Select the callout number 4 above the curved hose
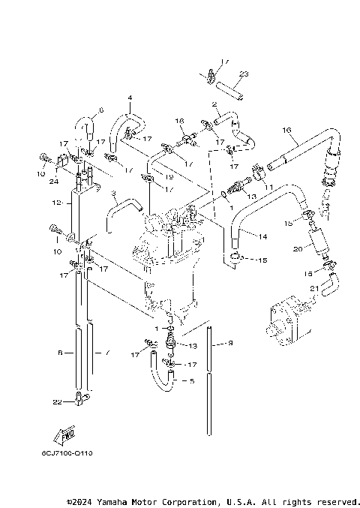pos(129,98)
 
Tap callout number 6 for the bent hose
pos(101,110)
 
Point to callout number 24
pos(55,181)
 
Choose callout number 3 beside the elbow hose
pos(112,194)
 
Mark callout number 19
pos(170,176)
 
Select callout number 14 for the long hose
pos(262,236)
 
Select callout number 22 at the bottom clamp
pos(58,402)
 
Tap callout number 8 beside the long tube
pos(61,350)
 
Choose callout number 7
pos(106,350)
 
